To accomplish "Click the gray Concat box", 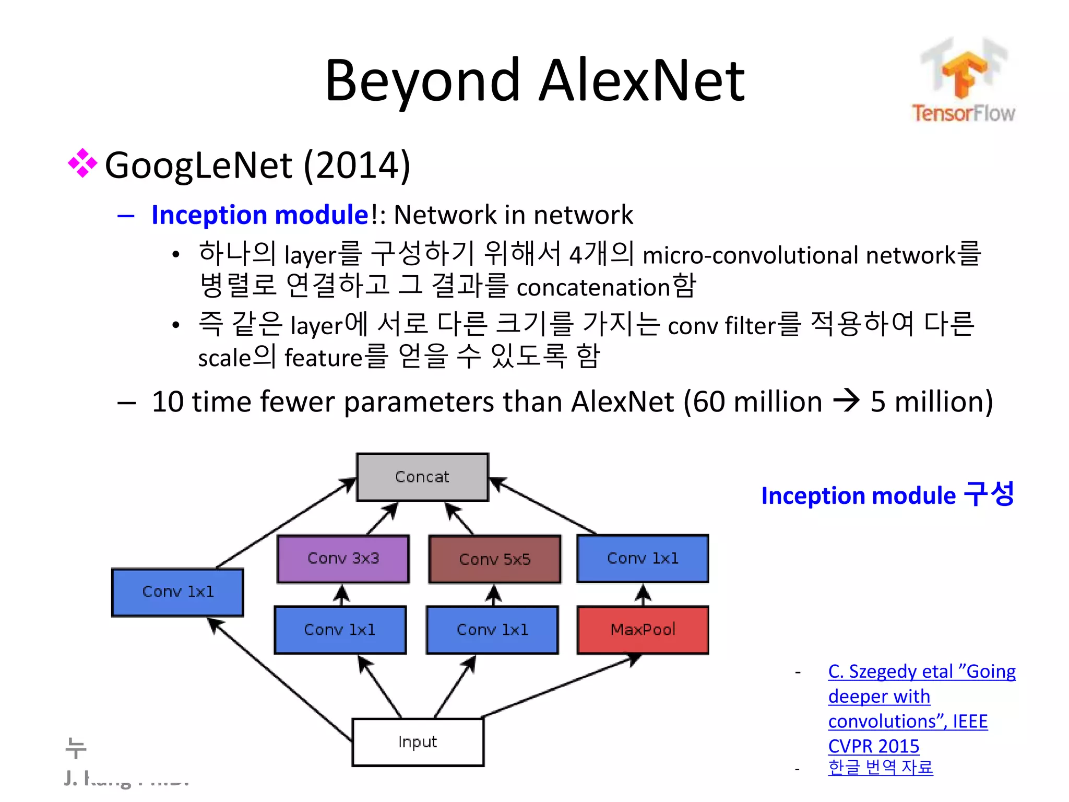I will (x=422, y=477).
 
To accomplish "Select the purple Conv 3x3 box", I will (x=343, y=559).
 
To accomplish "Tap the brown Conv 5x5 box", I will (x=494, y=559).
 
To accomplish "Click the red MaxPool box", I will (x=643, y=630).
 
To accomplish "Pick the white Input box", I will (x=418, y=742).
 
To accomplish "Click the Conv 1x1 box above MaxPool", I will (x=643, y=558).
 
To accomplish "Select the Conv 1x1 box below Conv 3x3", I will (x=340, y=630).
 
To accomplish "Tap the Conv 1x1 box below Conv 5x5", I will (x=492, y=630).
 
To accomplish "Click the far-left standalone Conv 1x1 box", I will (x=177, y=592).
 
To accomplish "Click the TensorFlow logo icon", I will (x=964, y=70).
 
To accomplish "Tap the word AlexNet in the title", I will (x=641, y=81).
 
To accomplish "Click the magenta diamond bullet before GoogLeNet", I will (x=82, y=163).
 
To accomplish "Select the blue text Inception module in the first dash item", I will (x=260, y=215).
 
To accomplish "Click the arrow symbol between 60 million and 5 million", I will (x=846, y=401).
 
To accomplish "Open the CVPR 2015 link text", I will (x=873, y=746).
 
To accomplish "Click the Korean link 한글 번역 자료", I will (x=880, y=767).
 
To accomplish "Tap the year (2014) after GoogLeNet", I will (x=357, y=166).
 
